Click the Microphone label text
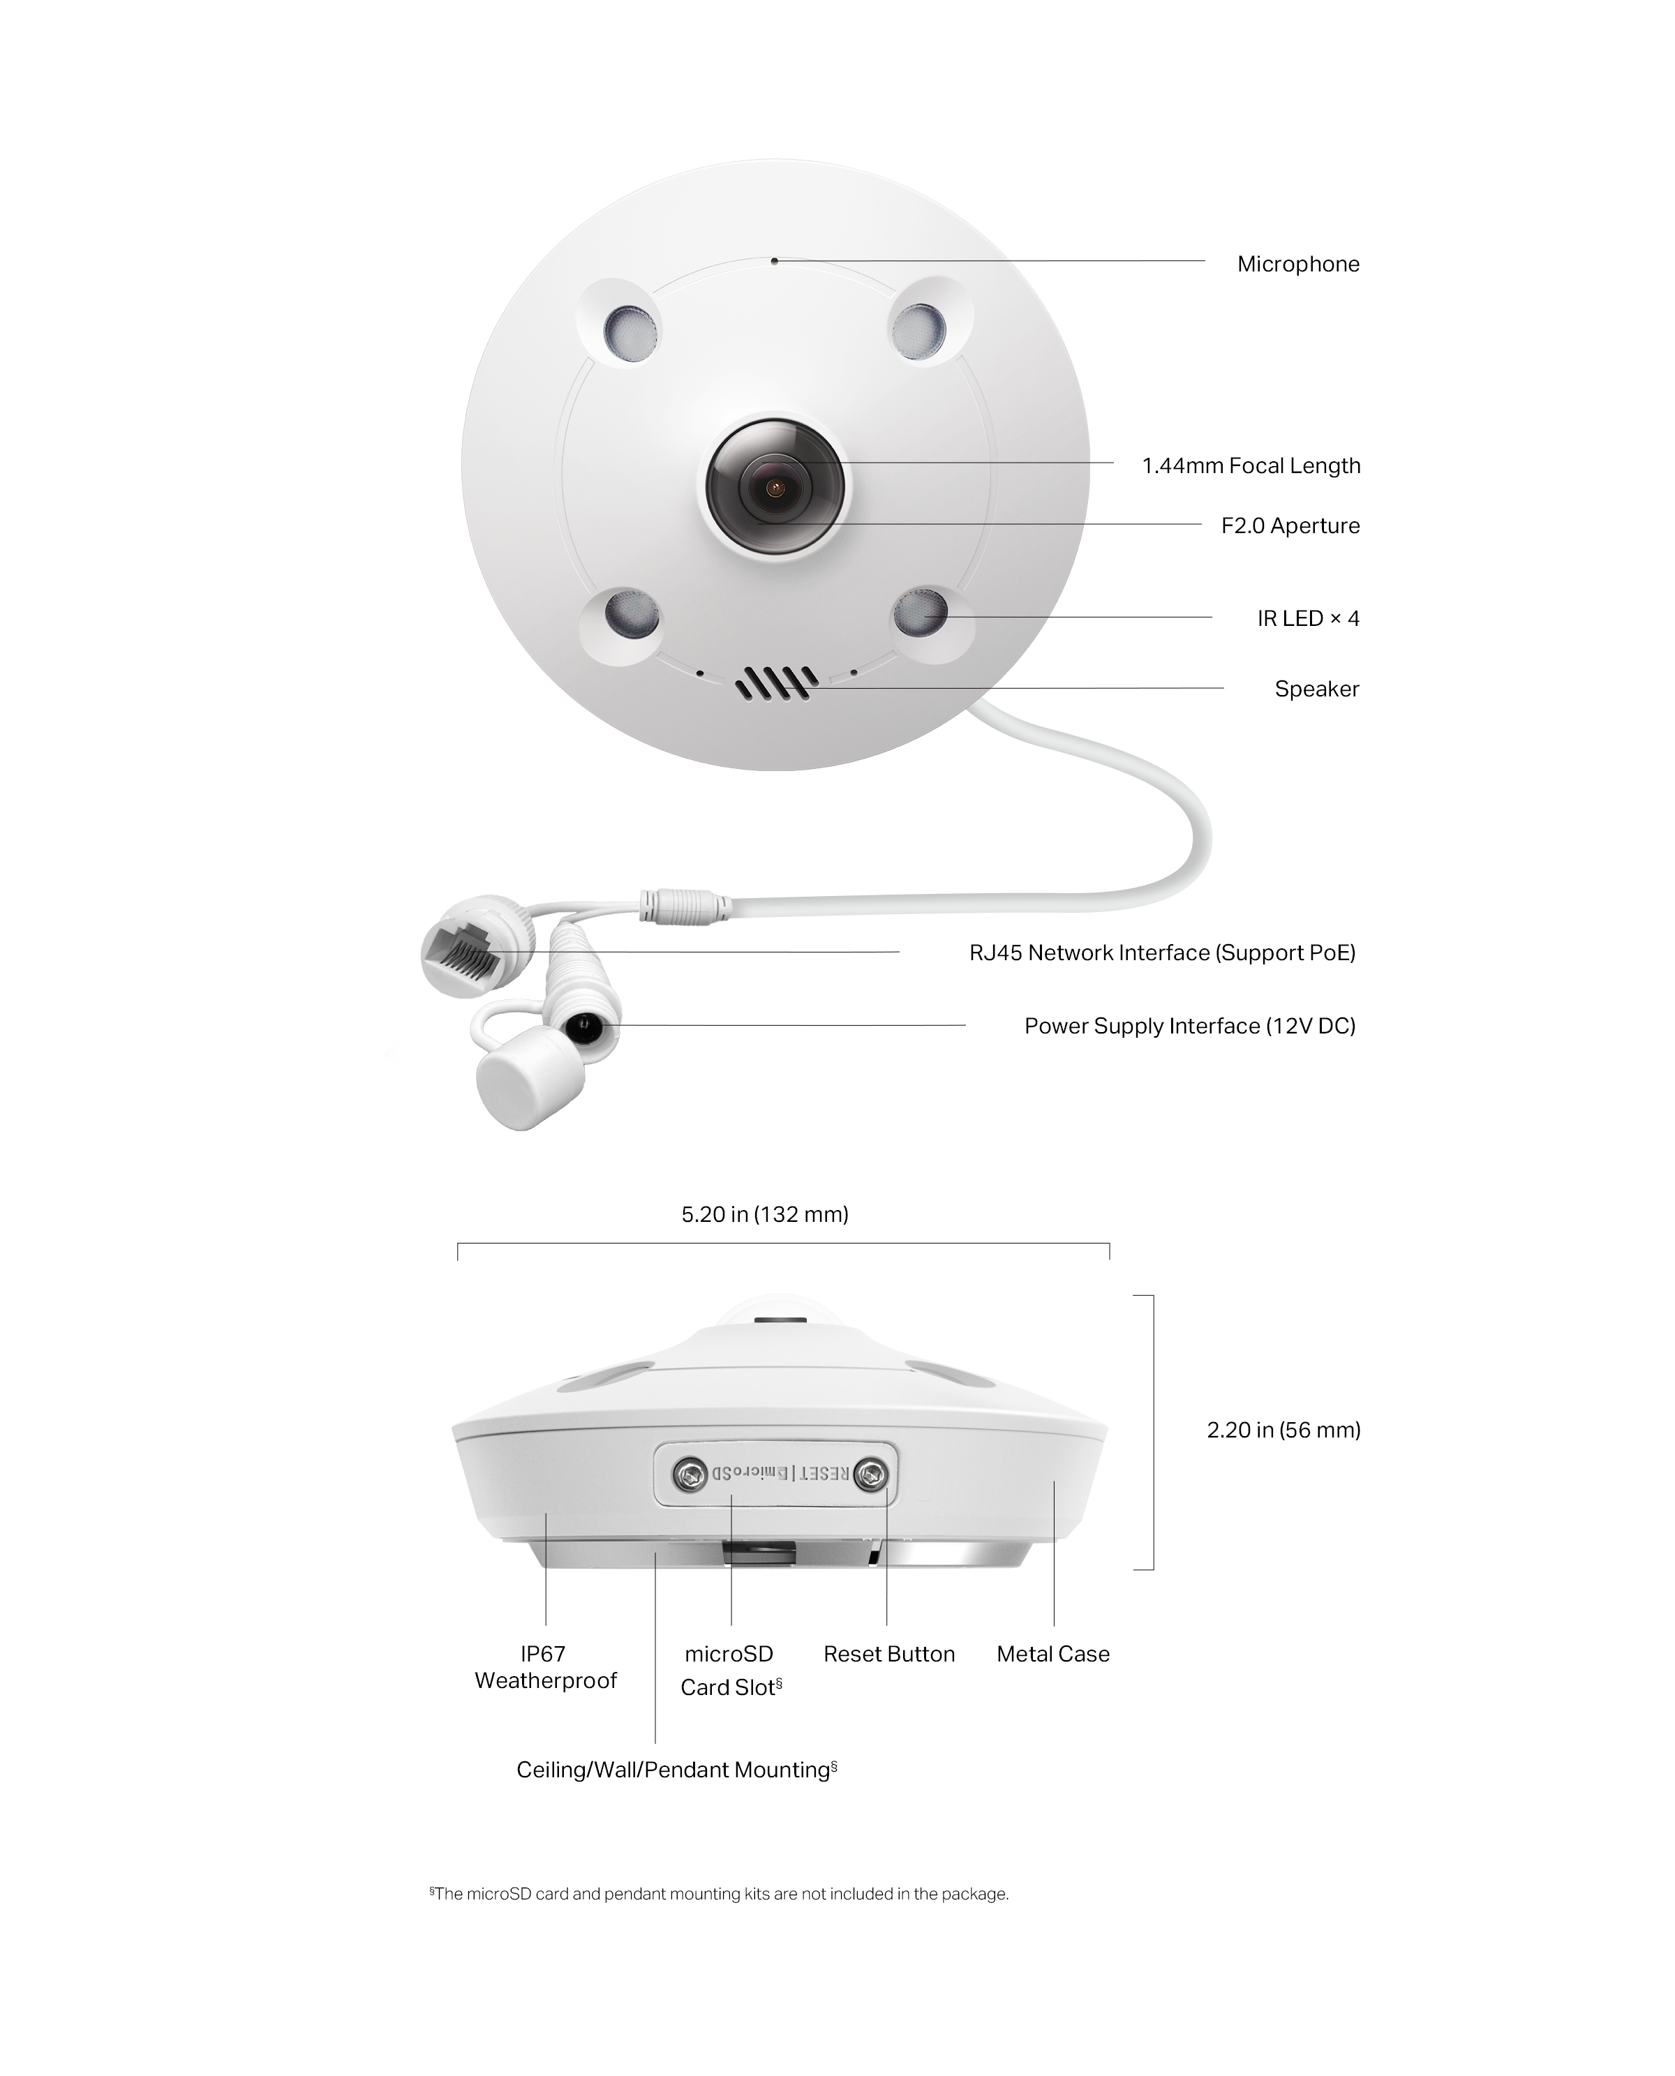1297,264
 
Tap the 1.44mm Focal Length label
1251,466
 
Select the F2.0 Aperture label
1289,525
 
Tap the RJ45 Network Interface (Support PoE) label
1162,953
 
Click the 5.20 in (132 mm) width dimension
764,1214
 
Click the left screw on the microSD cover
689,1473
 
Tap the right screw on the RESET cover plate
872,1474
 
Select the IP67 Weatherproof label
545,1667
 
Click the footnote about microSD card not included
719,1894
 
